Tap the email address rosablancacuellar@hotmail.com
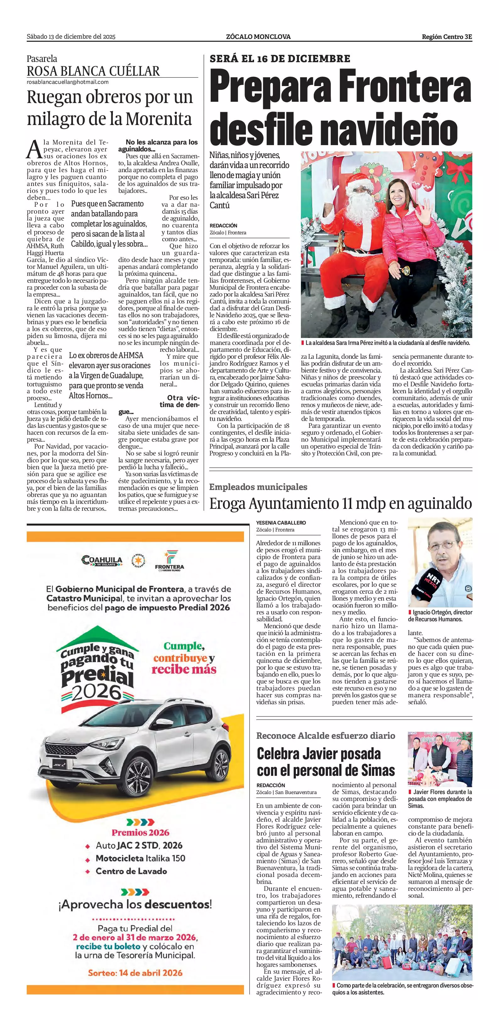[68, 82]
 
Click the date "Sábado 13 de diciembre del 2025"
[71, 37]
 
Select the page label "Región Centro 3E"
[446, 37]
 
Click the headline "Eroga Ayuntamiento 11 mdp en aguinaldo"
[340, 503]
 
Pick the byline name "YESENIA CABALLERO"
[281, 522]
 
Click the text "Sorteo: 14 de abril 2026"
[135, 973]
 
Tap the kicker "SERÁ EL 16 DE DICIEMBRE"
[280, 58]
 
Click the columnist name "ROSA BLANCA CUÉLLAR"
[93, 71]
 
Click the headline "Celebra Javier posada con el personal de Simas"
[325, 762]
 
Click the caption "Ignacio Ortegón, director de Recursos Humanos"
[440, 616]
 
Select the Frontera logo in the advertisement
[169, 560]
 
